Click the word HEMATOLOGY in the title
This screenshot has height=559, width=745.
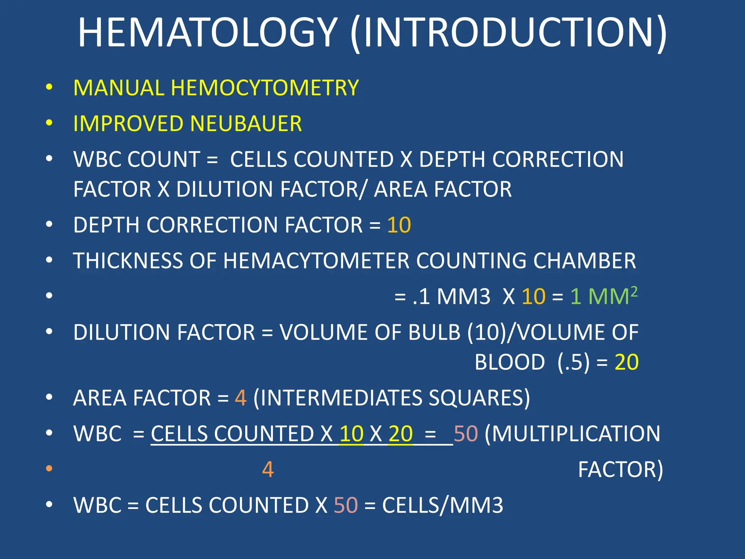(208, 33)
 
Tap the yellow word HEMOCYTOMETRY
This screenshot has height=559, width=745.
(265, 88)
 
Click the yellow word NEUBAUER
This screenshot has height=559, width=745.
(246, 124)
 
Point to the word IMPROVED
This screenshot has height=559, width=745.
(128, 124)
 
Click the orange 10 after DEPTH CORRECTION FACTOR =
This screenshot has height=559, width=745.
(399, 225)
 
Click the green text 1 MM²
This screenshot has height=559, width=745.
(603, 296)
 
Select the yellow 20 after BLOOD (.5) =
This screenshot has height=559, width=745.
(626, 362)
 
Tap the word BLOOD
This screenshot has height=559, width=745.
(510, 362)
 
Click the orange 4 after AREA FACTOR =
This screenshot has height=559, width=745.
(241, 397)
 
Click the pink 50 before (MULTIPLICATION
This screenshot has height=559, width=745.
(466, 433)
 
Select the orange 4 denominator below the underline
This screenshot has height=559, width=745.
(268, 469)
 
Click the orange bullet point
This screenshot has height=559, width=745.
(49, 468)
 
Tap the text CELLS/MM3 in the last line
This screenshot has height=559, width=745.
(443, 505)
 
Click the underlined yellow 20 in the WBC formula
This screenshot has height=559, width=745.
(401, 433)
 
